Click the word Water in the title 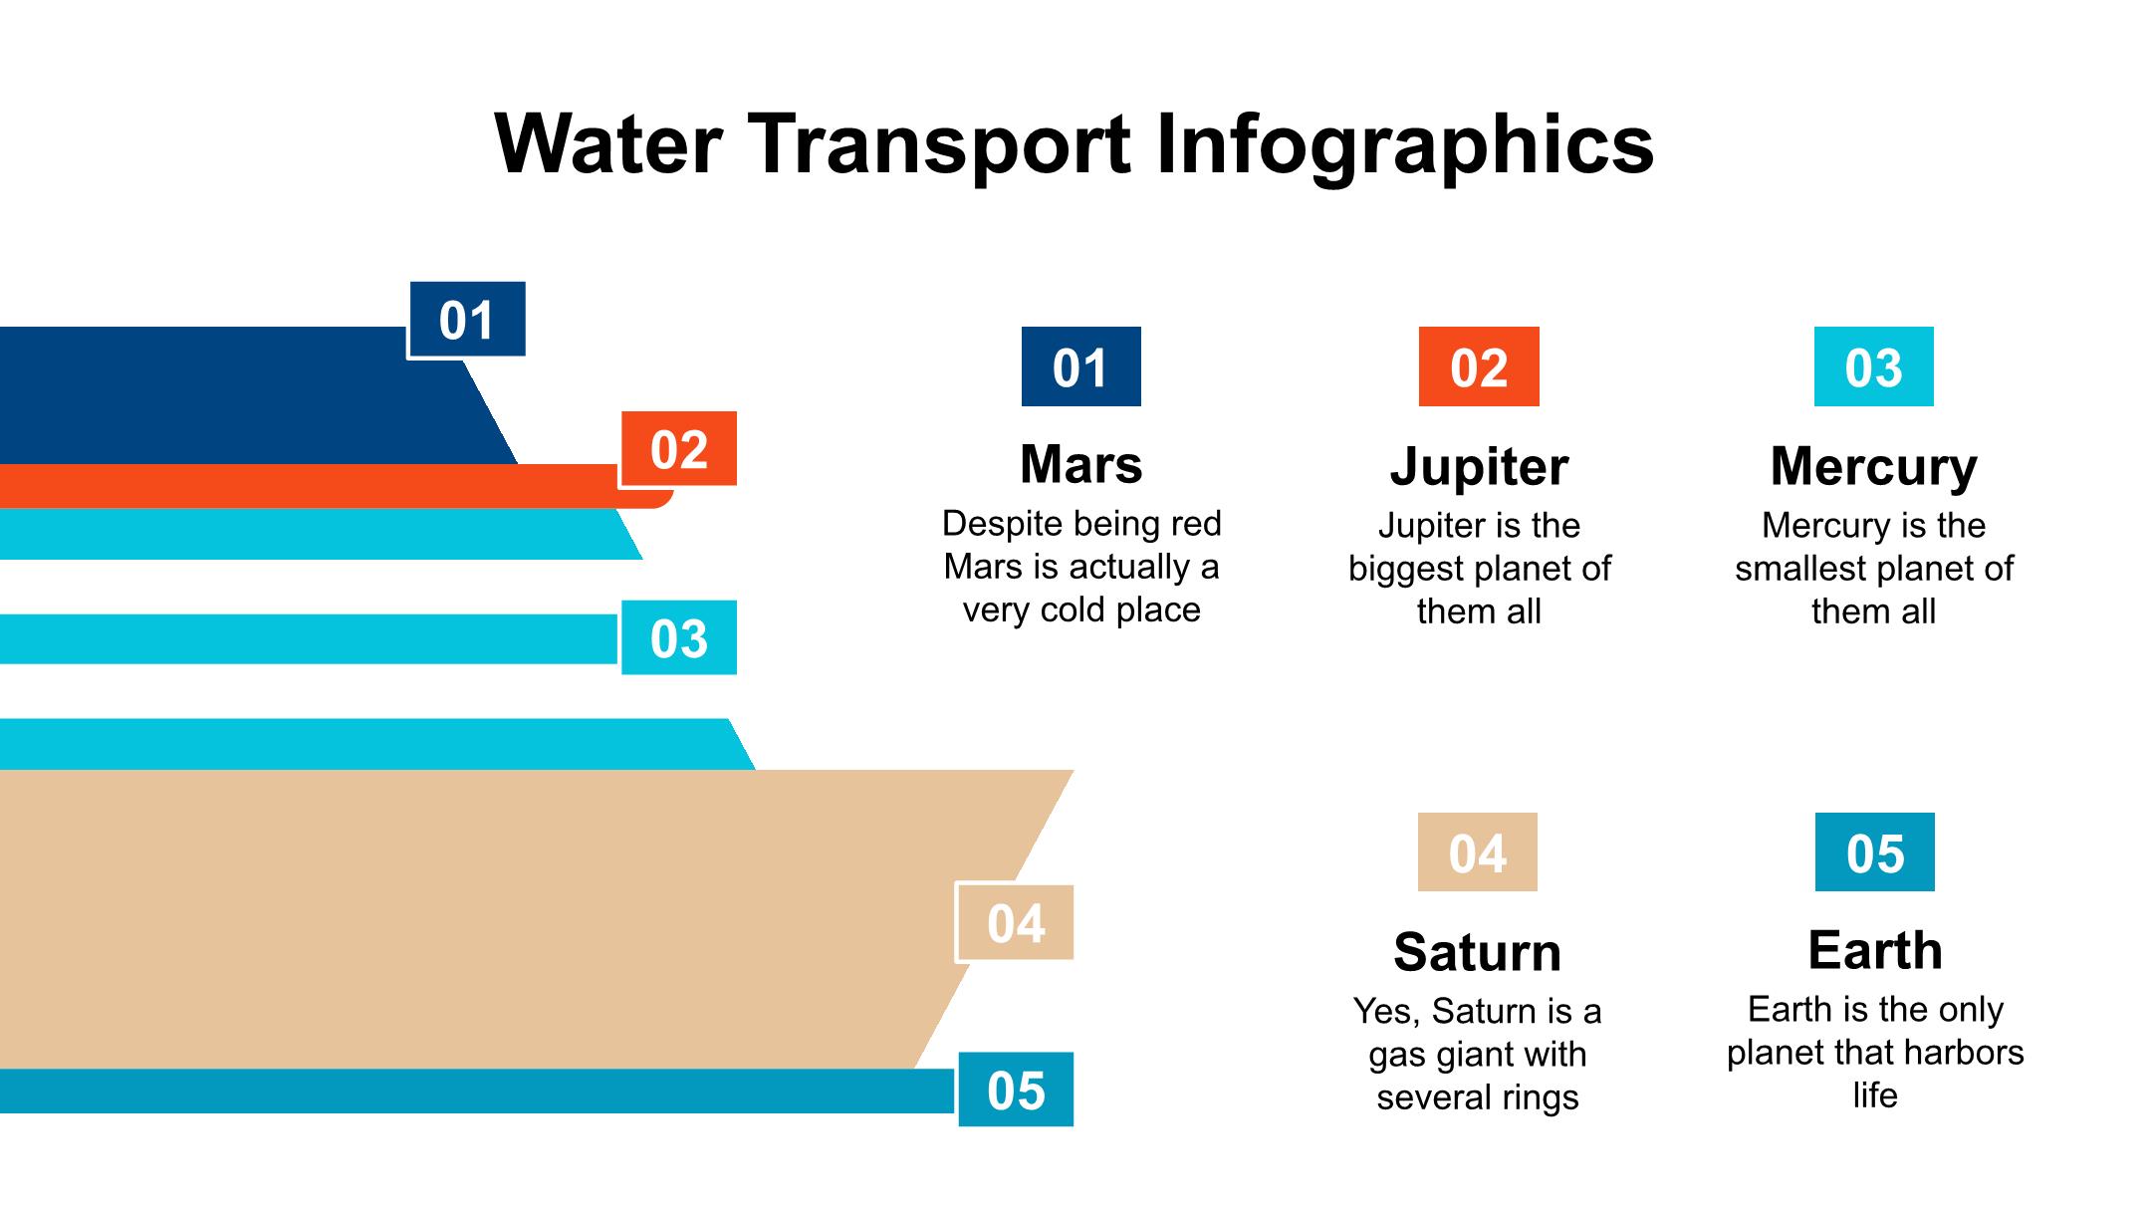(607, 144)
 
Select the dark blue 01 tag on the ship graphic (466, 320)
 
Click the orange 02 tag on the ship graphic (679, 449)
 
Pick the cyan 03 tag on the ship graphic (679, 638)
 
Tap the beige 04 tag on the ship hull (1015, 923)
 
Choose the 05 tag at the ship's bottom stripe (1016, 1090)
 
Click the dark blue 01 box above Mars (1080, 366)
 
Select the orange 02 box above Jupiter (1479, 366)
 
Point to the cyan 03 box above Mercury (1873, 366)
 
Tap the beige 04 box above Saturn (1477, 852)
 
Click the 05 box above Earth (1874, 852)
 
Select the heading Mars (1080, 464)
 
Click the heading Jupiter (1479, 466)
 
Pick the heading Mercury (1873, 466)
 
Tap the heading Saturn (1477, 952)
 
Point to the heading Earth (1874, 950)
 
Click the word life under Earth (1874, 1095)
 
